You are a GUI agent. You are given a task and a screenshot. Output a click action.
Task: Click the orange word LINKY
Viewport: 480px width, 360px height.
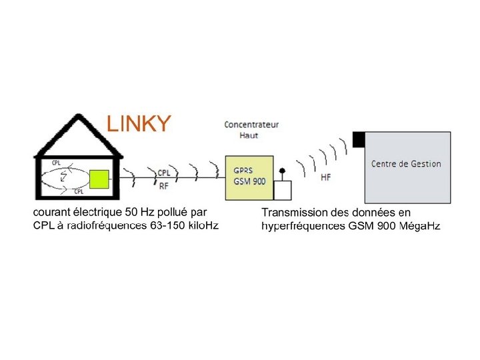click(139, 124)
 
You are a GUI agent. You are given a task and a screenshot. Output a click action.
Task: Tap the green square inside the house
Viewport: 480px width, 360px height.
click(99, 179)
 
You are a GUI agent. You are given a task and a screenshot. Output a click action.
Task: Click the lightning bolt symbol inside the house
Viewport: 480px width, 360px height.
click(64, 177)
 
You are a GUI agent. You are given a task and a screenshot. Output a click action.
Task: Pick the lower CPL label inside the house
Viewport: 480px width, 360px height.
click(79, 191)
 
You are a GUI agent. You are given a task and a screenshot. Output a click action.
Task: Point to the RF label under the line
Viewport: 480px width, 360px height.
click(163, 186)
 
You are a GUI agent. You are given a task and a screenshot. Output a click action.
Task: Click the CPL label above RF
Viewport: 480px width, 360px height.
click(163, 173)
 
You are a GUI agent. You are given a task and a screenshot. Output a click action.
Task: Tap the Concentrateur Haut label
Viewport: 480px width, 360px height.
click(251, 129)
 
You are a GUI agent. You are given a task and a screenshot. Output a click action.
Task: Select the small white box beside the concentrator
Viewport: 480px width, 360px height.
click(283, 190)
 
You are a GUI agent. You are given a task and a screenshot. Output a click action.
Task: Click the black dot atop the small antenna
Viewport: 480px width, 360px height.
click(282, 171)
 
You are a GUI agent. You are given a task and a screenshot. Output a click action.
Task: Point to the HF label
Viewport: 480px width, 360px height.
click(325, 177)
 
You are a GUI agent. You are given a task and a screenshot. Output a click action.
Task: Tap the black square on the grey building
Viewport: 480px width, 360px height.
click(359, 139)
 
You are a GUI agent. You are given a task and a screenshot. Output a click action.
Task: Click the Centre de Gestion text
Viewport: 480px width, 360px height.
click(406, 164)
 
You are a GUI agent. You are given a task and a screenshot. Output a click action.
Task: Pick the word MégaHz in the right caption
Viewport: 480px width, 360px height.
click(419, 226)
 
